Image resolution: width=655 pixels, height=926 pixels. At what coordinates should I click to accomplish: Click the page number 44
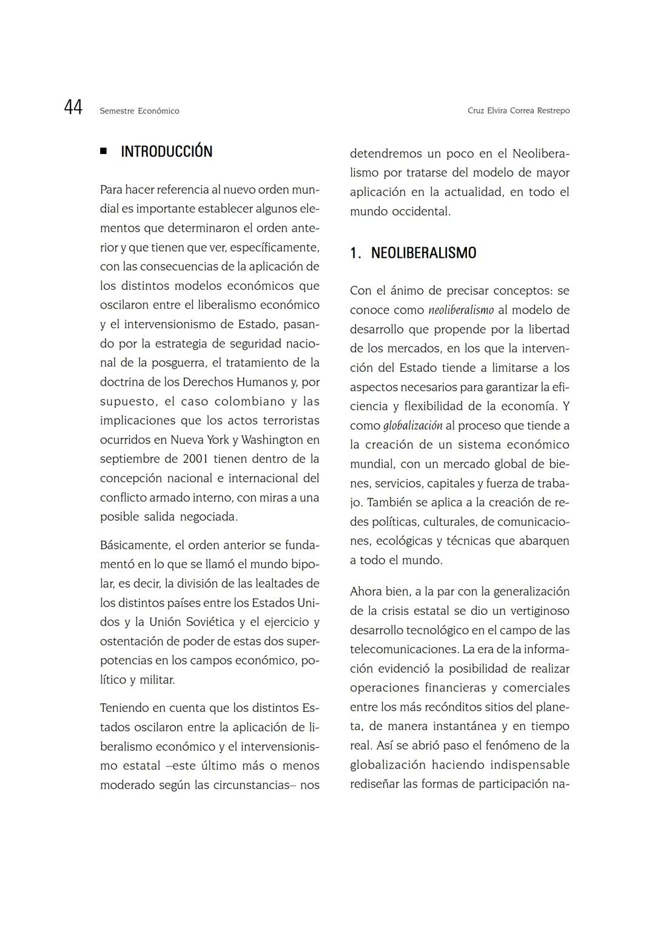pos(73,108)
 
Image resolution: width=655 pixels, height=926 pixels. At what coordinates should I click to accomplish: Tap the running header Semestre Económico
pos(139,111)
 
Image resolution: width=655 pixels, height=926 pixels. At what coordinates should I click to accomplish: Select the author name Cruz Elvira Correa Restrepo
pos(519,111)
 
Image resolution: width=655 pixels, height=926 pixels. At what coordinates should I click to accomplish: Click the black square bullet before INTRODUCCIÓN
pos(104,151)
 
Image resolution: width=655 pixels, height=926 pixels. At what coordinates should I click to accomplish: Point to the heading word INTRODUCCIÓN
pos(167,152)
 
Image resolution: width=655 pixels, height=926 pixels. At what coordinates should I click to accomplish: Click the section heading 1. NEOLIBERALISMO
pos(413,253)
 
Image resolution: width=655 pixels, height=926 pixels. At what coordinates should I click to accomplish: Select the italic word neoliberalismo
pos(461,310)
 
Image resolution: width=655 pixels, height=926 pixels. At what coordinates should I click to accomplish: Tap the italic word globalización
pos(412,426)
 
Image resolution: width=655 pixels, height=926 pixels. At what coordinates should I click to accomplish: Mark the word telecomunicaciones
pos(404,649)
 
